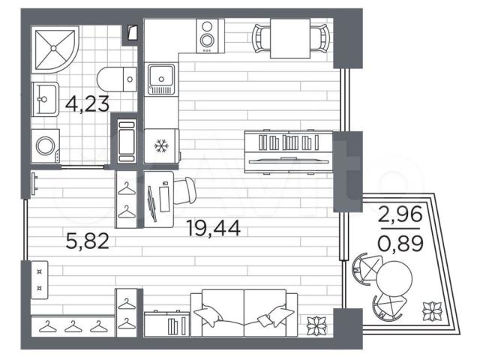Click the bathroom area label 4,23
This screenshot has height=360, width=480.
(x=87, y=103)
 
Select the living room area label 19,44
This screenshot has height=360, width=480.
(x=214, y=228)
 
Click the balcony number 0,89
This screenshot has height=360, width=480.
(x=400, y=243)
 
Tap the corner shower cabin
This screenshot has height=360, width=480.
(x=55, y=49)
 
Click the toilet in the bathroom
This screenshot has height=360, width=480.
(x=117, y=79)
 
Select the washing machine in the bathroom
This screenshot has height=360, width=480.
(x=46, y=145)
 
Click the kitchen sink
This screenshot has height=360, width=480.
(x=161, y=79)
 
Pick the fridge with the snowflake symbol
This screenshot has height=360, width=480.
(x=162, y=146)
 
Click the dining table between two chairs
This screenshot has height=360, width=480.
(x=290, y=38)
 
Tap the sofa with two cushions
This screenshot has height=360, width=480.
(x=244, y=313)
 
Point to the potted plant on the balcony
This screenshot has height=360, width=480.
(x=432, y=311)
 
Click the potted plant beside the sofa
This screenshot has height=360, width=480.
(x=316, y=325)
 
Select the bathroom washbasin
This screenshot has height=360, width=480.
(x=45, y=99)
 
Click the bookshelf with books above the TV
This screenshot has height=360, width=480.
(x=288, y=142)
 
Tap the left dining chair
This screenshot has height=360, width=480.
(x=261, y=38)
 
